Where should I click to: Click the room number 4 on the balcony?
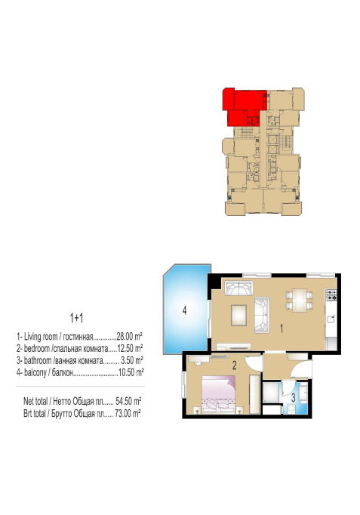pos(184,310)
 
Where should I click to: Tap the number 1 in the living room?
pos(282,328)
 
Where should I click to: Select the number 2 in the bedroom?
pos(234,365)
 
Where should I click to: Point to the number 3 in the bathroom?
pos(294,397)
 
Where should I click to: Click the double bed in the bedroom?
pos(218,393)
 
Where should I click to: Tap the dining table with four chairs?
pos(300,300)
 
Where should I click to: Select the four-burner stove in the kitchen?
pos(331,295)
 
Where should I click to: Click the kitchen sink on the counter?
pos(331,319)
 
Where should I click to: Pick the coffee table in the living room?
pos(238,316)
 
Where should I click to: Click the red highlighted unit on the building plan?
pos(245,106)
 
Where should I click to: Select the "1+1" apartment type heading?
pos(76,318)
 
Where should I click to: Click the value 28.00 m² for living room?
pos(129,336)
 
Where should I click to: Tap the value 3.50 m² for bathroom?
pos(132,360)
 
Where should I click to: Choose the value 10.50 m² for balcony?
pos(131,372)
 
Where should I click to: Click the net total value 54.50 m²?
pos(128,401)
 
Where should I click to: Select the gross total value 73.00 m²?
pos(128,413)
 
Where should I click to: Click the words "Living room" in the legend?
pos(41,337)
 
